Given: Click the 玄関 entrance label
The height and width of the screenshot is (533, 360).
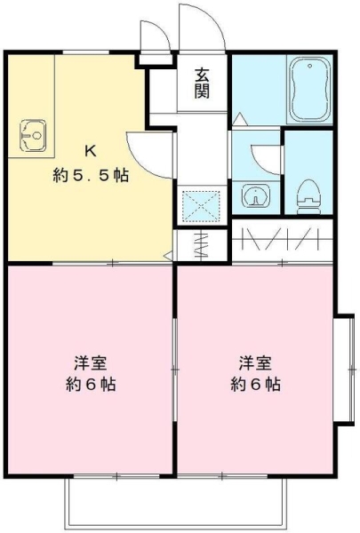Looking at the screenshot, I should [203, 82].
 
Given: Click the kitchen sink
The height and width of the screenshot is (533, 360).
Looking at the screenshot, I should [33, 136].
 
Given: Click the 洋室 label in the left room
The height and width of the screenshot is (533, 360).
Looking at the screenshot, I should [90, 363].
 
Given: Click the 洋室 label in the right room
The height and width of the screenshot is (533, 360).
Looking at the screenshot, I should [255, 363].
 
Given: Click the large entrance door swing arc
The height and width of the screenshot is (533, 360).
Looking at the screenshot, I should [202, 27].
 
